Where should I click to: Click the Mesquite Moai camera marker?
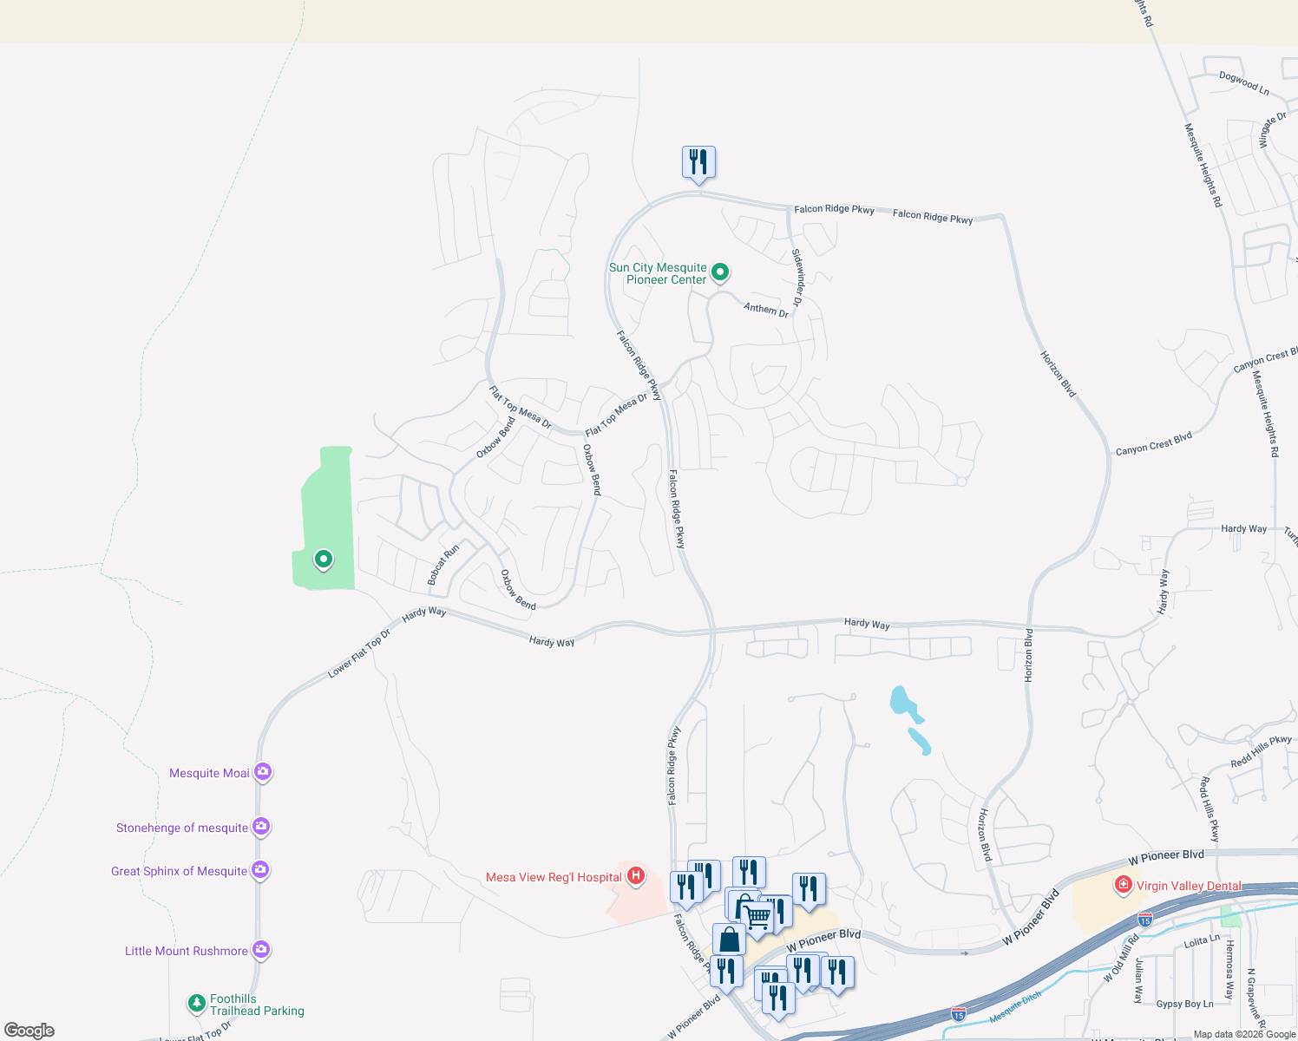[262, 771]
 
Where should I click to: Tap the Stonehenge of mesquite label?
[182, 828]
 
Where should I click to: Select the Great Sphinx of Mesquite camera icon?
[260, 869]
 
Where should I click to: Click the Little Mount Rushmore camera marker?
[260, 950]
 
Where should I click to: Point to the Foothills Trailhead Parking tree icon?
[197, 1004]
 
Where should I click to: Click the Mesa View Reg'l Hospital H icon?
[636, 876]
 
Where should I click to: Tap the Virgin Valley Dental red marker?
[1124, 885]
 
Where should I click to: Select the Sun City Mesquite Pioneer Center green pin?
[720, 272]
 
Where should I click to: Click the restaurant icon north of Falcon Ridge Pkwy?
[698, 162]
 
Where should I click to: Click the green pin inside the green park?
[323, 560]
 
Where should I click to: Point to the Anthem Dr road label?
[766, 309]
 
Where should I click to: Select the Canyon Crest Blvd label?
[1153, 443]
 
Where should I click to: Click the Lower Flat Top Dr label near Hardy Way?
[359, 652]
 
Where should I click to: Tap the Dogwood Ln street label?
[1243, 83]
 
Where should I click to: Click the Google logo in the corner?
[29, 1031]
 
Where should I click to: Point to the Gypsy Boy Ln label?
[1184, 1004]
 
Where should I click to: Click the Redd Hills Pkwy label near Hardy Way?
[1261, 751]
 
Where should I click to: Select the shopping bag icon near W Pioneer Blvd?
[729, 939]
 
